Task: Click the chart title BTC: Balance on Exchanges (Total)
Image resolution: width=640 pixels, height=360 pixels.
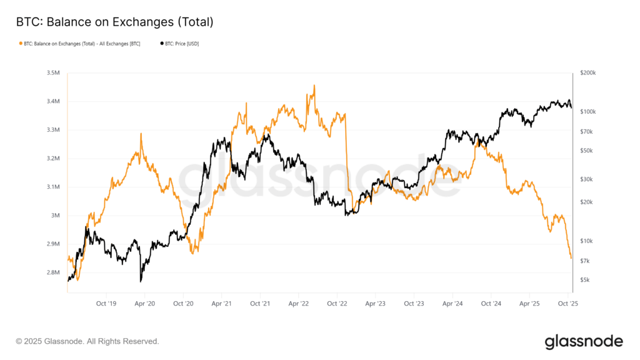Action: (114, 22)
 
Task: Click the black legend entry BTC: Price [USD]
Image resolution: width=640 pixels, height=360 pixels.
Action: (180, 44)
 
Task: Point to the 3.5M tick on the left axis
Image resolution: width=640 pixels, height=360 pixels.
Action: (52, 73)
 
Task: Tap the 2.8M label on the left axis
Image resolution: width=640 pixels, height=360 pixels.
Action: (52, 272)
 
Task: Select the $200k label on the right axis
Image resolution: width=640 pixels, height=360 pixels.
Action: (588, 73)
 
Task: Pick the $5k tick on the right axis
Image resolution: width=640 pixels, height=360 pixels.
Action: (585, 280)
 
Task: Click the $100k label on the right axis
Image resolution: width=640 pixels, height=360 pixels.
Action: (588, 112)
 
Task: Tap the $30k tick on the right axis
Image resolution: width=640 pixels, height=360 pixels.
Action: (586, 179)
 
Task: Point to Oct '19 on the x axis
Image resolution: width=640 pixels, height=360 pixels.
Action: (106, 304)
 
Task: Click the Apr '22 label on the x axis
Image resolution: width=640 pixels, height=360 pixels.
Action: (298, 304)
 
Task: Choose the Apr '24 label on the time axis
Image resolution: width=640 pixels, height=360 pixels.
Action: (452, 304)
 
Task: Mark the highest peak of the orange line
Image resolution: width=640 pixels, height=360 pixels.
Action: (314, 86)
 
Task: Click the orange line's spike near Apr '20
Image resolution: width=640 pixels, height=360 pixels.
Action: (141, 134)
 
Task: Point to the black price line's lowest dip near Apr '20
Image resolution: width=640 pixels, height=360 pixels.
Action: (141, 281)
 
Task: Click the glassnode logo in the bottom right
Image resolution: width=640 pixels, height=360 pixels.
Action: (584, 341)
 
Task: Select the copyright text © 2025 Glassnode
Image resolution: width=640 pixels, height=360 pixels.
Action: (87, 341)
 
